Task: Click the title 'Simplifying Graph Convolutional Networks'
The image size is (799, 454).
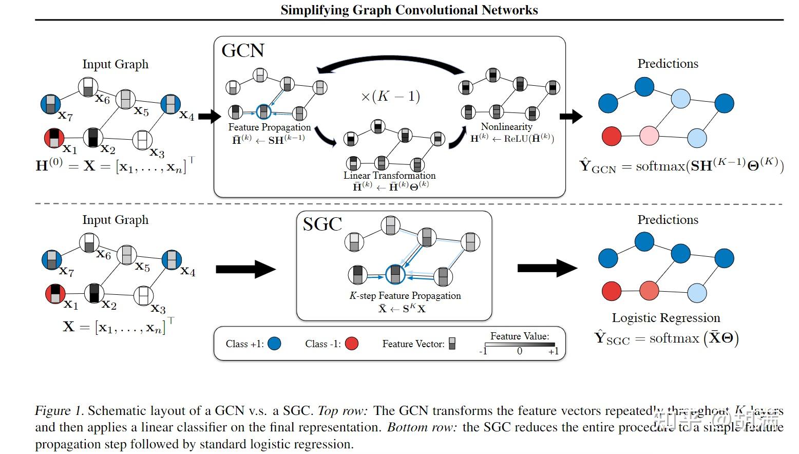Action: click(x=409, y=10)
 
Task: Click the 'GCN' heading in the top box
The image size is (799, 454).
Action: click(x=243, y=50)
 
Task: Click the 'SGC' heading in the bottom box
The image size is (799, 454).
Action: click(x=322, y=224)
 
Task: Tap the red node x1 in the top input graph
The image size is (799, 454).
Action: click(x=54, y=138)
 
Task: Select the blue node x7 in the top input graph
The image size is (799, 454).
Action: click(x=51, y=104)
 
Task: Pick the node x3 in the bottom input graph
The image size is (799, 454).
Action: click(x=144, y=296)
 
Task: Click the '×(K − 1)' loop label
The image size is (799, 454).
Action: click(x=390, y=96)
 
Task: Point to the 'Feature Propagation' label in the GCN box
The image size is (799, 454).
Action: click(x=269, y=127)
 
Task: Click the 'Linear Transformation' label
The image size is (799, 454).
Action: click(x=389, y=175)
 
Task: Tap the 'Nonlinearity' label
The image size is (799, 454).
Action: click(x=506, y=126)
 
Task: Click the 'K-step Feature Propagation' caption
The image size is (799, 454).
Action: click(x=405, y=295)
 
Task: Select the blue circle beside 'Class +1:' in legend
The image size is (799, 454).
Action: click(x=274, y=344)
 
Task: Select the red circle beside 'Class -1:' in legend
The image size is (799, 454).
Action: click(x=351, y=344)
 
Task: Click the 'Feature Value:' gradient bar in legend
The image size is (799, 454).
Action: click(x=520, y=345)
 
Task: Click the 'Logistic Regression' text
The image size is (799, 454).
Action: click(x=665, y=317)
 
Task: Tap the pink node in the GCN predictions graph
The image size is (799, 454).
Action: click(x=649, y=136)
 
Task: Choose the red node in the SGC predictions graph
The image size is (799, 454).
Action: click(x=611, y=291)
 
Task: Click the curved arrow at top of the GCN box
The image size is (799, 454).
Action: click(x=390, y=65)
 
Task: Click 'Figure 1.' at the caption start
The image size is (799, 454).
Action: click(x=59, y=410)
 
